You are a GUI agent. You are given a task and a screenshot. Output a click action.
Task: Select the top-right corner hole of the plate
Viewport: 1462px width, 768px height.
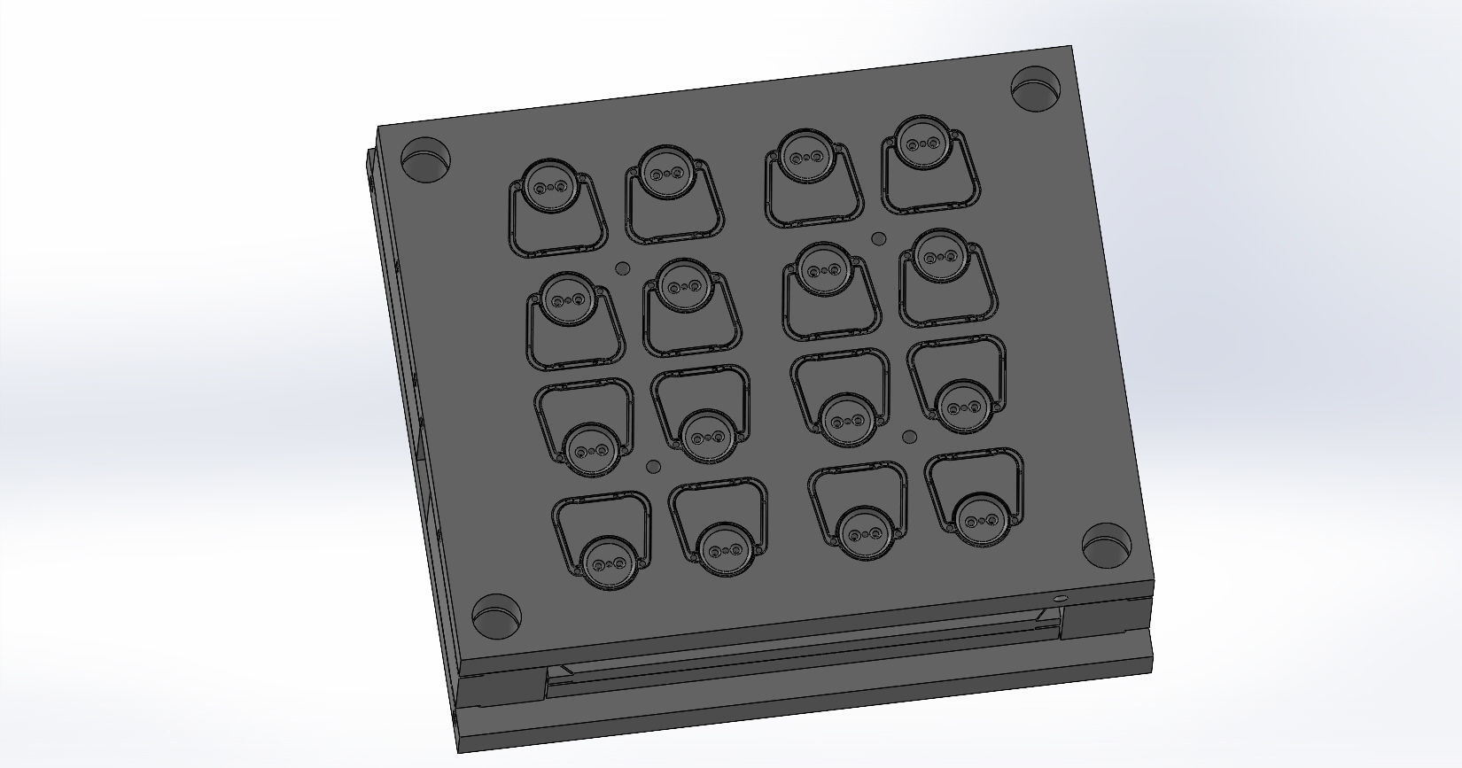click(x=1035, y=89)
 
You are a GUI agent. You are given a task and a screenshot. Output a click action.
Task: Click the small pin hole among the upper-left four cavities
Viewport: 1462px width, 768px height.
click(x=622, y=267)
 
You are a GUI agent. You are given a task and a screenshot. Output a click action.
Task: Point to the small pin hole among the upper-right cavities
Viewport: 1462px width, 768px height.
click(x=879, y=237)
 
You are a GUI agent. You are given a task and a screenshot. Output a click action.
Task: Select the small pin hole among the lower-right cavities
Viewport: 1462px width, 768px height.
click(x=909, y=436)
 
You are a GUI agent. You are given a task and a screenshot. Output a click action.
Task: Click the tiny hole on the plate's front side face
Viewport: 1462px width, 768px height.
click(x=1060, y=600)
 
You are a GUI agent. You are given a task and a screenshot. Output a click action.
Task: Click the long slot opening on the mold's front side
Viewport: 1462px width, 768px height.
click(x=797, y=660)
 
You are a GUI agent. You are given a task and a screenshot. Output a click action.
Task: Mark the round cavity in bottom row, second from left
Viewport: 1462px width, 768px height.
click(x=725, y=549)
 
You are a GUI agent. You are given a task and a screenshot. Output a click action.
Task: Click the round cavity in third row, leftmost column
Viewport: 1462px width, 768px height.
click(x=590, y=448)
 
